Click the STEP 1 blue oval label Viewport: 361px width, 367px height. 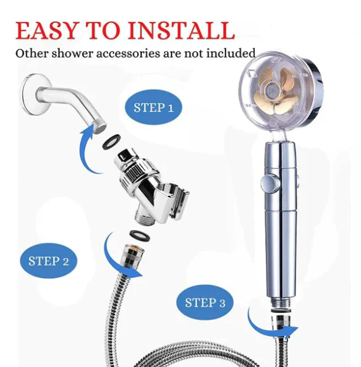click(x=153, y=107)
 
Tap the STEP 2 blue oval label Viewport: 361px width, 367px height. click(x=48, y=261)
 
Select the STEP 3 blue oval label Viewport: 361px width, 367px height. click(x=205, y=302)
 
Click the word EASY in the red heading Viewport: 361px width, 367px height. click(x=46, y=31)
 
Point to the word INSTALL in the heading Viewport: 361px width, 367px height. click(x=181, y=31)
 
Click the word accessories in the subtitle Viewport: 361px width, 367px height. click(x=128, y=53)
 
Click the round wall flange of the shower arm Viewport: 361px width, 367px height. click(x=36, y=94)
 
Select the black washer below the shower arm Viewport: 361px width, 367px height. click(x=111, y=142)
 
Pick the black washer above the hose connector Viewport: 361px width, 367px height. click(x=140, y=237)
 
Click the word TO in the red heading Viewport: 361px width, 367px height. click(x=102, y=31)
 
